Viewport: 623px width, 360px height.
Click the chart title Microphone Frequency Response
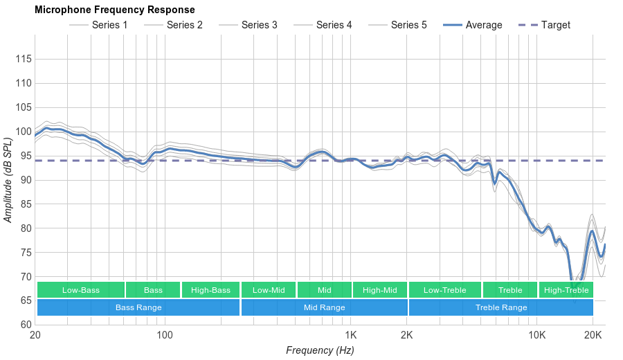click(115, 10)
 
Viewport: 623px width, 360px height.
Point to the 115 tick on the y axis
click(23, 59)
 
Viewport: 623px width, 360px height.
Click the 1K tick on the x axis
click(350, 335)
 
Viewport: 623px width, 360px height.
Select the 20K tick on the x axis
click(593, 335)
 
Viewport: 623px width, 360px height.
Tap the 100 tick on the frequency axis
click(164, 335)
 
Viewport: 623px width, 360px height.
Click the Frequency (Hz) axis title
click(320, 350)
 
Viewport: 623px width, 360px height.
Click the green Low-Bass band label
click(81, 290)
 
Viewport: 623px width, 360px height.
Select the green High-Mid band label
click(380, 290)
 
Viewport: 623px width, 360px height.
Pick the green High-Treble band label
click(566, 290)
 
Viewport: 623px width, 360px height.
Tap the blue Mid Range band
click(324, 307)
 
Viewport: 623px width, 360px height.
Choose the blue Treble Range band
click(501, 307)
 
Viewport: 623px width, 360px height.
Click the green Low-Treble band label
click(445, 290)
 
